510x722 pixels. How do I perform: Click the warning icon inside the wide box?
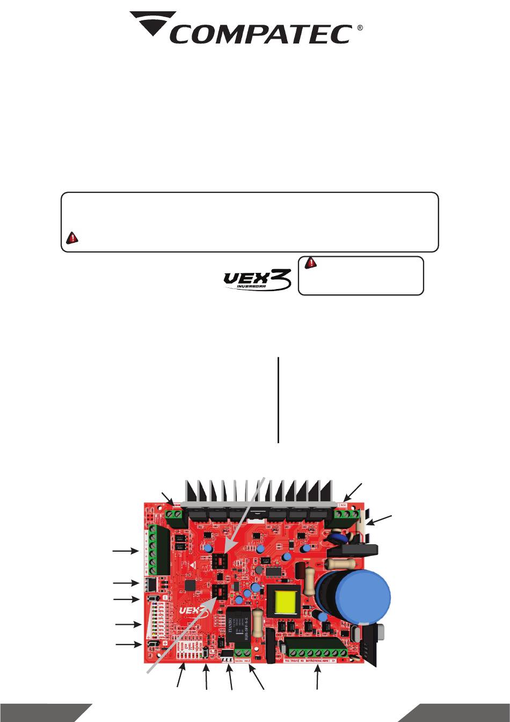[70, 239]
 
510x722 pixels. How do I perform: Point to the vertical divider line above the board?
[278, 400]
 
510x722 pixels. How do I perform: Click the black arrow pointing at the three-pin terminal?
[351, 491]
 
